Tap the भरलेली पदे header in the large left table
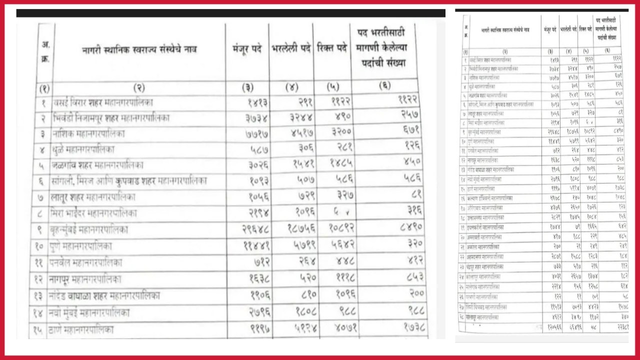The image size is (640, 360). tap(291, 49)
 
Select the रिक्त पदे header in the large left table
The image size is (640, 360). tap(332, 48)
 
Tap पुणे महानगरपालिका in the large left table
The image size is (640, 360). tap(80, 246)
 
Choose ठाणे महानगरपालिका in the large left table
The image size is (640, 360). tap(81, 329)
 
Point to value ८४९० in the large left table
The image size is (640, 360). tap(404, 227)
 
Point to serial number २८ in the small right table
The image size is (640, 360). tap(465, 317)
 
